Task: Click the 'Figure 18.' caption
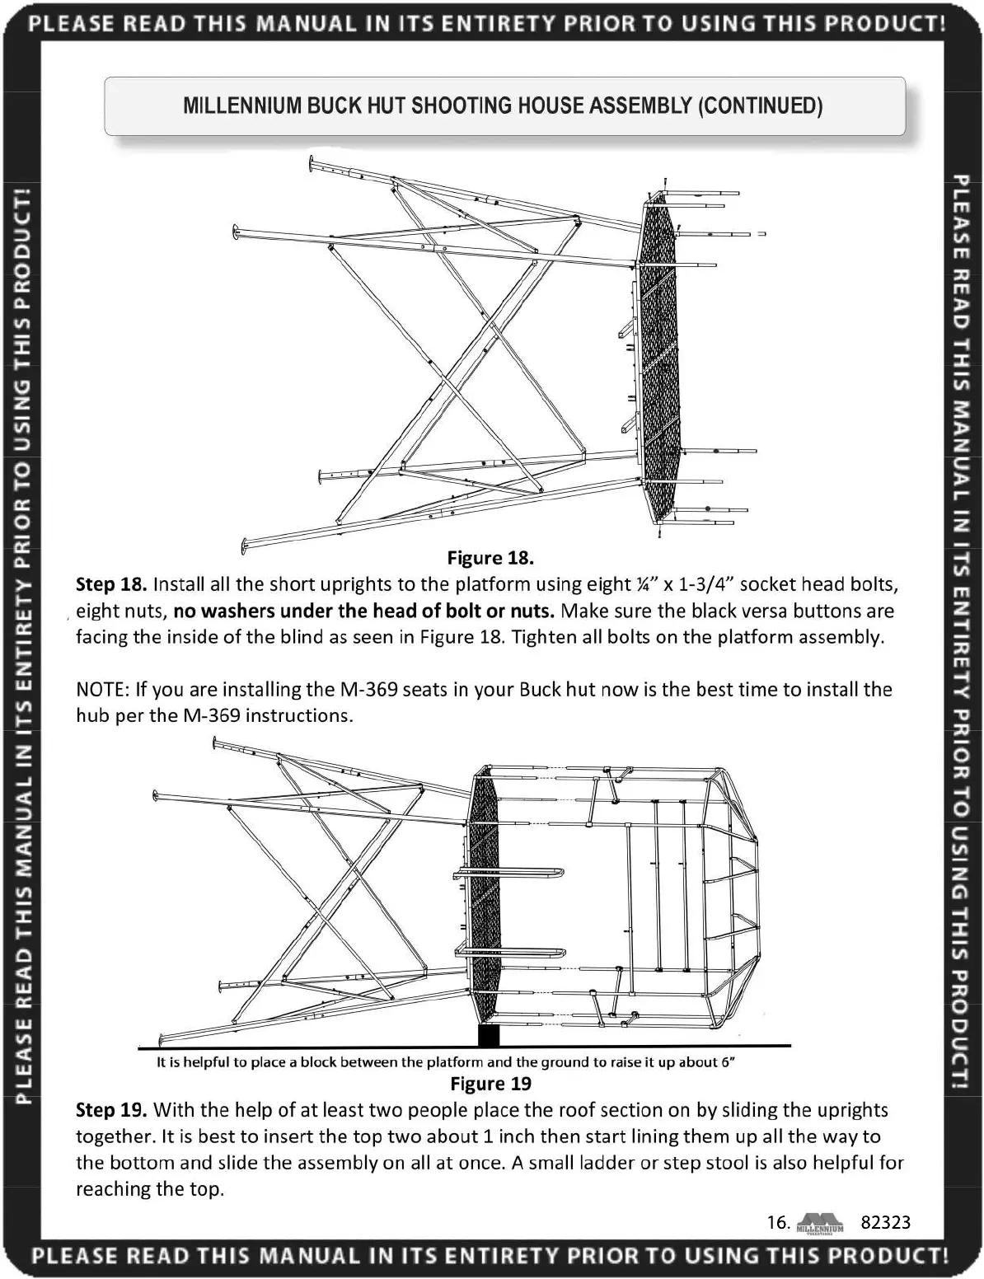(x=490, y=558)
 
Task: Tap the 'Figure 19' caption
(x=490, y=1084)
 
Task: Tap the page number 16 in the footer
(x=778, y=1222)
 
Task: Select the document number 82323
(x=885, y=1222)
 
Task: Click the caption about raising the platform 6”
(x=445, y=1062)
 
